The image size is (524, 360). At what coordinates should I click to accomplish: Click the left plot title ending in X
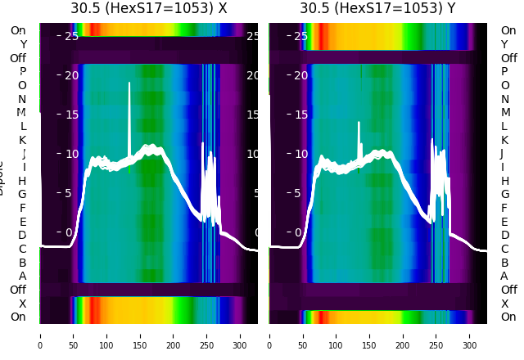(x=148, y=8)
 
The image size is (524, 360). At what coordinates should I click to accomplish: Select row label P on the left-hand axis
(x=23, y=72)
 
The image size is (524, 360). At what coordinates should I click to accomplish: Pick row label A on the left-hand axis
(x=23, y=277)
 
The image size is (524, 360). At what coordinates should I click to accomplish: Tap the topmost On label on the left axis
(x=18, y=31)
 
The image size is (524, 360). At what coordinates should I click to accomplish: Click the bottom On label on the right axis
(x=508, y=317)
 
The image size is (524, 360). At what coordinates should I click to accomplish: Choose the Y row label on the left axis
(x=23, y=45)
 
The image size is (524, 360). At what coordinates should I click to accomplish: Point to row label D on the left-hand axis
(x=23, y=236)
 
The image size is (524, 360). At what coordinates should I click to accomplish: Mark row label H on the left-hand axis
(x=23, y=181)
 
